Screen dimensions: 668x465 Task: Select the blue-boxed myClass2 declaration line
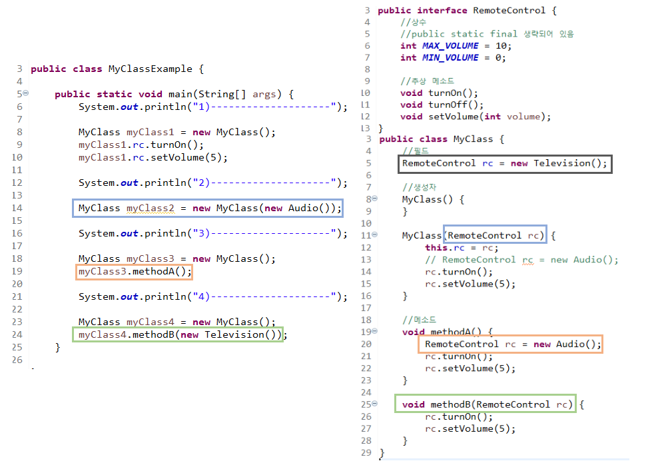pyautogui.click(x=207, y=209)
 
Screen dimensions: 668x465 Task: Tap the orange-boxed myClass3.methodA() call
pyautogui.click(x=134, y=272)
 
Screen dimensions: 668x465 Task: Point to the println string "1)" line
pyautogui.click(x=212, y=107)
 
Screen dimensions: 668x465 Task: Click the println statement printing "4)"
pyautogui.click(x=212, y=296)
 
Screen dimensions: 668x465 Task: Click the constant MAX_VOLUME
pyautogui.click(x=450, y=45)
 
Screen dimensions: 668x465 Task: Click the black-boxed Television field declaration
pyautogui.click(x=504, y=163)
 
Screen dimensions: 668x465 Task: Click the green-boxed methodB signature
pyautogui.click(x=488, y=404)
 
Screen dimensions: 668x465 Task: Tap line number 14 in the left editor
pyautogui.click(x=17, y=209)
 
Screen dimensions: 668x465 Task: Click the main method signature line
pyautogui.click(x=174, y=94)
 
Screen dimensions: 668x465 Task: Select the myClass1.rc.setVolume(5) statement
pyautogui.click(x=153, y=157)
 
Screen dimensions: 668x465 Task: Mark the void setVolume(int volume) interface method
pyautogui.click(x=476, y=117)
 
